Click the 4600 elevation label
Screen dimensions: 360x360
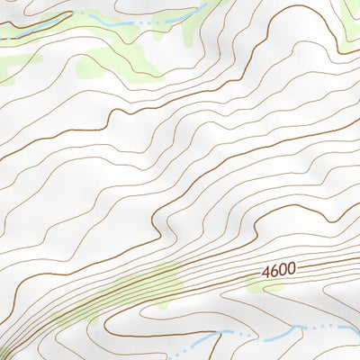tap(279, 269)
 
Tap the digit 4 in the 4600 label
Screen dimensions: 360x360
tap(267, 271)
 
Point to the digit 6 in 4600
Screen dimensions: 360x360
tap(274, 270)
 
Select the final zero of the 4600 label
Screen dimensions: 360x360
tap(291, 267)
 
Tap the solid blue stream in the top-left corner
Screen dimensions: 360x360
tap(36, 26)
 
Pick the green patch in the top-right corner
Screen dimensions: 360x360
tap(351, 13)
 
